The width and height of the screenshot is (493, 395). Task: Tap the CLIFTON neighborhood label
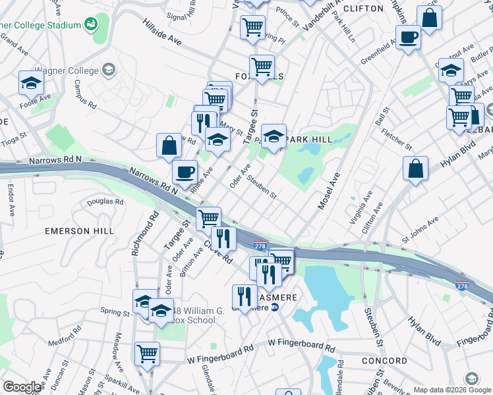pyautogui.click(x=363, y=9)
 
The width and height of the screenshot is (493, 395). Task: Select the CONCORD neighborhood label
pyautogui.click(x=384, y=361)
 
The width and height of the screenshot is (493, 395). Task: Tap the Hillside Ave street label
pyautogui.click(x=162, y=31)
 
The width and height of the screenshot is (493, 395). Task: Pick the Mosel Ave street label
pyautogui.click(x=328, y=191)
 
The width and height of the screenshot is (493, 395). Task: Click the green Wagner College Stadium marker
pyautogui.click(x=90, y=25)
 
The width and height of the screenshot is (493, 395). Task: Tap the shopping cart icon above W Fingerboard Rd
pyautogui.click(x=147, y=353)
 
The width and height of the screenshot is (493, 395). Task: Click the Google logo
pyautogui.click(x=21, y=387)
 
